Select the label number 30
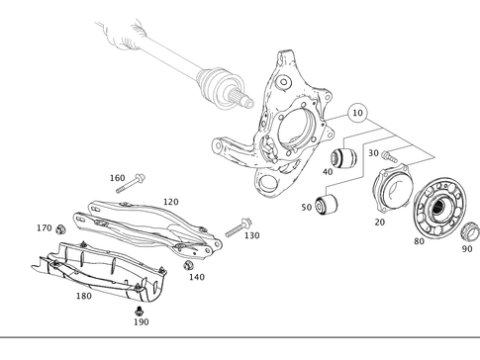(x=373, y=153)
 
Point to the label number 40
(x=328, y=171)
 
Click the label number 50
(x=307, y=206)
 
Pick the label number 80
(x=419, y=240)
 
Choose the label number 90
(x=467, y=249)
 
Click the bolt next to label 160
(x=139, y=181)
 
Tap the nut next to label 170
(x=61, y=229)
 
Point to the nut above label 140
(x=187, y=264)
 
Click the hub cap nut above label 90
(x=470, y=232)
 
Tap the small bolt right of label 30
(x=390, y=156)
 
